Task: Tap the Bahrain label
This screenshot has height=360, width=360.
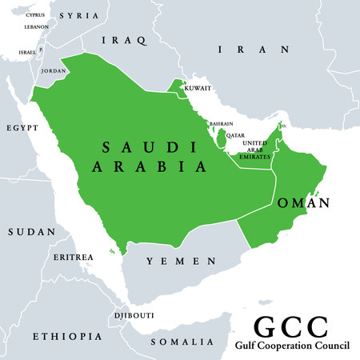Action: (221, 124)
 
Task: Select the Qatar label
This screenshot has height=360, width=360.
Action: (235, 136)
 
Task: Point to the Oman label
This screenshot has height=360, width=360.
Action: (302, 203)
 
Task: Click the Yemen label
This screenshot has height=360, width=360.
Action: (179, 261)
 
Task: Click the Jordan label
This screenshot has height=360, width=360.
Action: (54, 71)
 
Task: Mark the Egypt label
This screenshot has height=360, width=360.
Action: (21, 128)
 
